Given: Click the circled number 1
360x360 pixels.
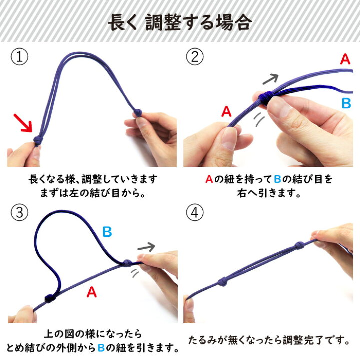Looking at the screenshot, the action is tap(19, 56).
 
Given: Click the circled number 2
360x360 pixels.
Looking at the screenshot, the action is tap(195, 56).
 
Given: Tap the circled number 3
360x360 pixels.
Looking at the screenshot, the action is tap(19, 212).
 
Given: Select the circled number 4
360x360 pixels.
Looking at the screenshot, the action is tap(195, 212).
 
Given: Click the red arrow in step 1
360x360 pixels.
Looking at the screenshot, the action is tap(23, 123).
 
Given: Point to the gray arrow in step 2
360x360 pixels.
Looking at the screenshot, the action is tap(270, 79).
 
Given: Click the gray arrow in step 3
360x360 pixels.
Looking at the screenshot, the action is tap(146, 247).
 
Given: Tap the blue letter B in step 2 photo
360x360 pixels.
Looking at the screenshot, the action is tap(346, 103).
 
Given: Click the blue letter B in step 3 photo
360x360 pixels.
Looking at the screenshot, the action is tap(107, 231).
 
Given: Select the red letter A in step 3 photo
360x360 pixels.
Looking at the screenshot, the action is tap(92, 292).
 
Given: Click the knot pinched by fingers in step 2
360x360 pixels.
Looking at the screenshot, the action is tap(266, 97).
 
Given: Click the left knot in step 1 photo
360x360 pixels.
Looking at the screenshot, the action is tap(38, 140).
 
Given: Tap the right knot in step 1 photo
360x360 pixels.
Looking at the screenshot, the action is tap(138, 112).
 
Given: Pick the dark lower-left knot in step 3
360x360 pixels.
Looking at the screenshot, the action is tap(50, 298).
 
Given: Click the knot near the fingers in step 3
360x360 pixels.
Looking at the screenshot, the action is tap(127, 263).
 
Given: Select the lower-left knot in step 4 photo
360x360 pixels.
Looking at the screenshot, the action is tap(223, 281).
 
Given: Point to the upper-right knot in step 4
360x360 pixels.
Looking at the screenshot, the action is tap(299, 245).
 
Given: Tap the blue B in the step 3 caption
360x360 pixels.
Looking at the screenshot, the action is tap(101, 348).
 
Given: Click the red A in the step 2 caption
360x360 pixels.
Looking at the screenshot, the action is tap(209, 179).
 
